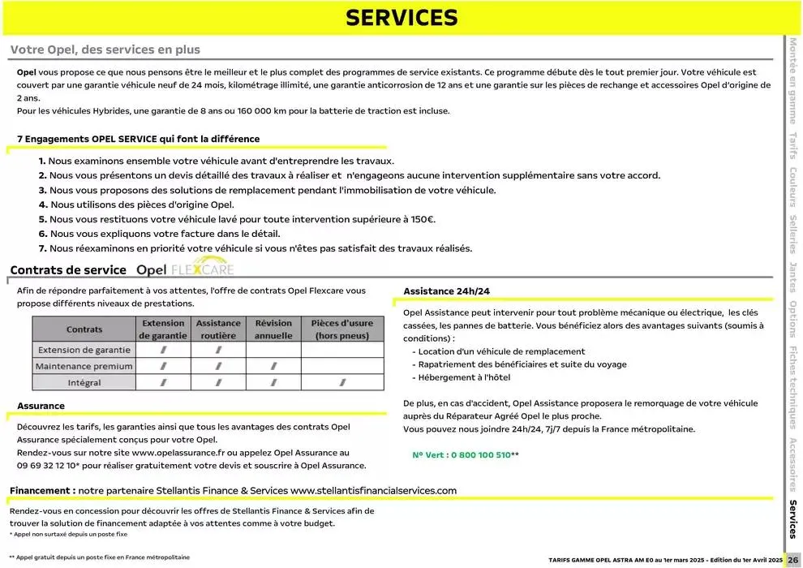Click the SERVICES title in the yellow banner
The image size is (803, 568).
(401, 18)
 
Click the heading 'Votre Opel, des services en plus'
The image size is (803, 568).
(105, 49)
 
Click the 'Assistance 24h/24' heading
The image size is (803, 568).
(446, 290)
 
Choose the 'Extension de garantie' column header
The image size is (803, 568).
(163, 329)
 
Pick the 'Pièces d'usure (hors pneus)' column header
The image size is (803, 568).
(342, 329)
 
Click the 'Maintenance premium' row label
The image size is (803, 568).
(84, 366)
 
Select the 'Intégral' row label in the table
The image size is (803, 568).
(84, 382)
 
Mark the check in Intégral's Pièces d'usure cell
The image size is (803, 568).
(342, 382)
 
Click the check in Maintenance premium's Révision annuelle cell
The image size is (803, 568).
(273, 366)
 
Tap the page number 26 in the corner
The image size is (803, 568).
(793, 560)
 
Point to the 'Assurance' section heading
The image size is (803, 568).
(41, 406)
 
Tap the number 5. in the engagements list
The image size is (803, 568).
(43, 219)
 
